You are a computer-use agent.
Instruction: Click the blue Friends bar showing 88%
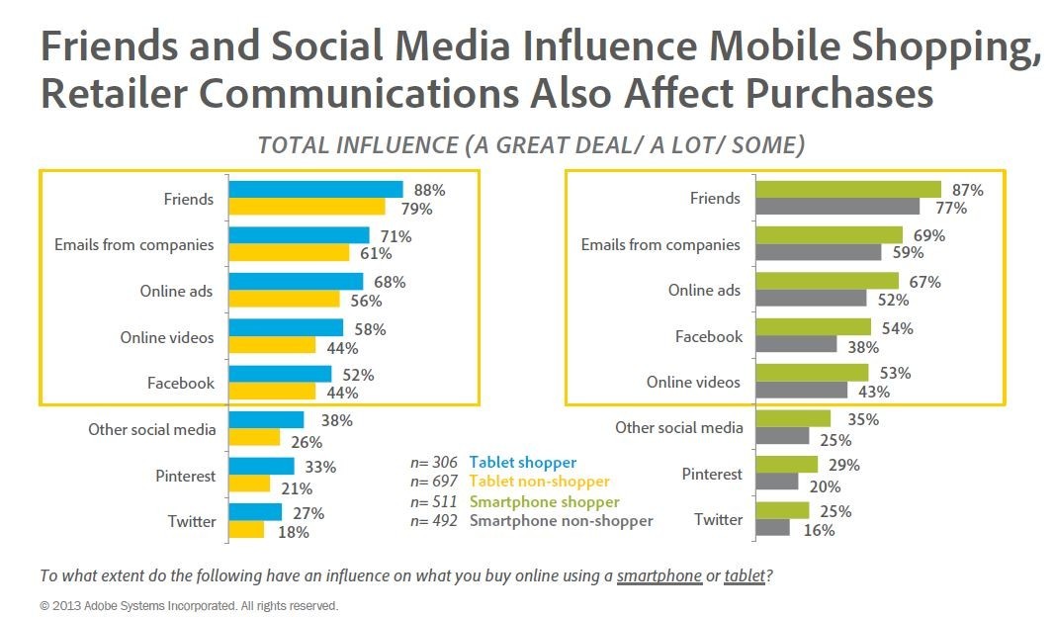tap(315, 189)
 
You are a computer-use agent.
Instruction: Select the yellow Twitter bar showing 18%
tap(246, 530)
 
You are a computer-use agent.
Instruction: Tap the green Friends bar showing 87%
tap(847, 189)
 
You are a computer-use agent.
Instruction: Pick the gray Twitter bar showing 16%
tap(772, 528)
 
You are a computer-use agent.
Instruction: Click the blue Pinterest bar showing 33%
tap(261, 466)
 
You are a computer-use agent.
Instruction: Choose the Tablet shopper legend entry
tap(522, 462)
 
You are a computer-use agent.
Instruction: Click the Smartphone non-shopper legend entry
tap(561, 520)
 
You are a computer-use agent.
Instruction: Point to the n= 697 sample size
tap(434, 481)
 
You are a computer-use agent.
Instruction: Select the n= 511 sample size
tap(434, 500)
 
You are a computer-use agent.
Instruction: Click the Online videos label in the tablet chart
tap(167, 337)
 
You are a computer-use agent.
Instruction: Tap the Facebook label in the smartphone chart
tap(709, 336)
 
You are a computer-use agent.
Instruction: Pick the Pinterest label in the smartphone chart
tap(712, 474)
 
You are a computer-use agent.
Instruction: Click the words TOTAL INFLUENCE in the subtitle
tap(355, 145)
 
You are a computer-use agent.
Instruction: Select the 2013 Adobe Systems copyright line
tap(189, 604)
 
